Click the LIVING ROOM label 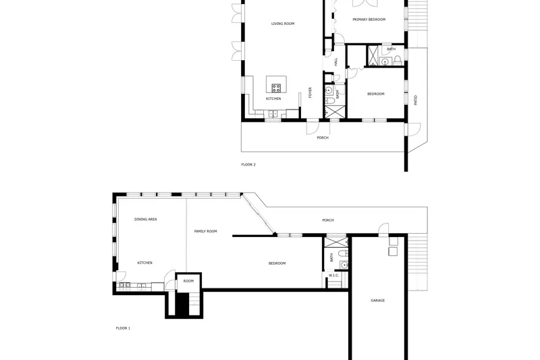tap(283, 24)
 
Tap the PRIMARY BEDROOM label tap(369, 20)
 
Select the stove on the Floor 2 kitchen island tap(276, 88)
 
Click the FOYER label tap(310, 93)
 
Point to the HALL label tap(336, 61)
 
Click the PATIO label tap(416, 100)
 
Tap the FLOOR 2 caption tap(248, 165)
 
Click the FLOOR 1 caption tap(123, 328)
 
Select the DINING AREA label tap(146, 219)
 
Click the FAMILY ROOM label tap(206, 231)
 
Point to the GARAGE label tap(378, 301)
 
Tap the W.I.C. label tap(333, 276)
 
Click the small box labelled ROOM tap(188, 283)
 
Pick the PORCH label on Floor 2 tap(323, 138)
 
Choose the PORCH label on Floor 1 tap(328, 220)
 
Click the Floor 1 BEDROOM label tap(277, 263)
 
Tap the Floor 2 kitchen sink tap(273, 113)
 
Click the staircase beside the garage tap(418, 263)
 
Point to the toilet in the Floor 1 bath tap(343, 254)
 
